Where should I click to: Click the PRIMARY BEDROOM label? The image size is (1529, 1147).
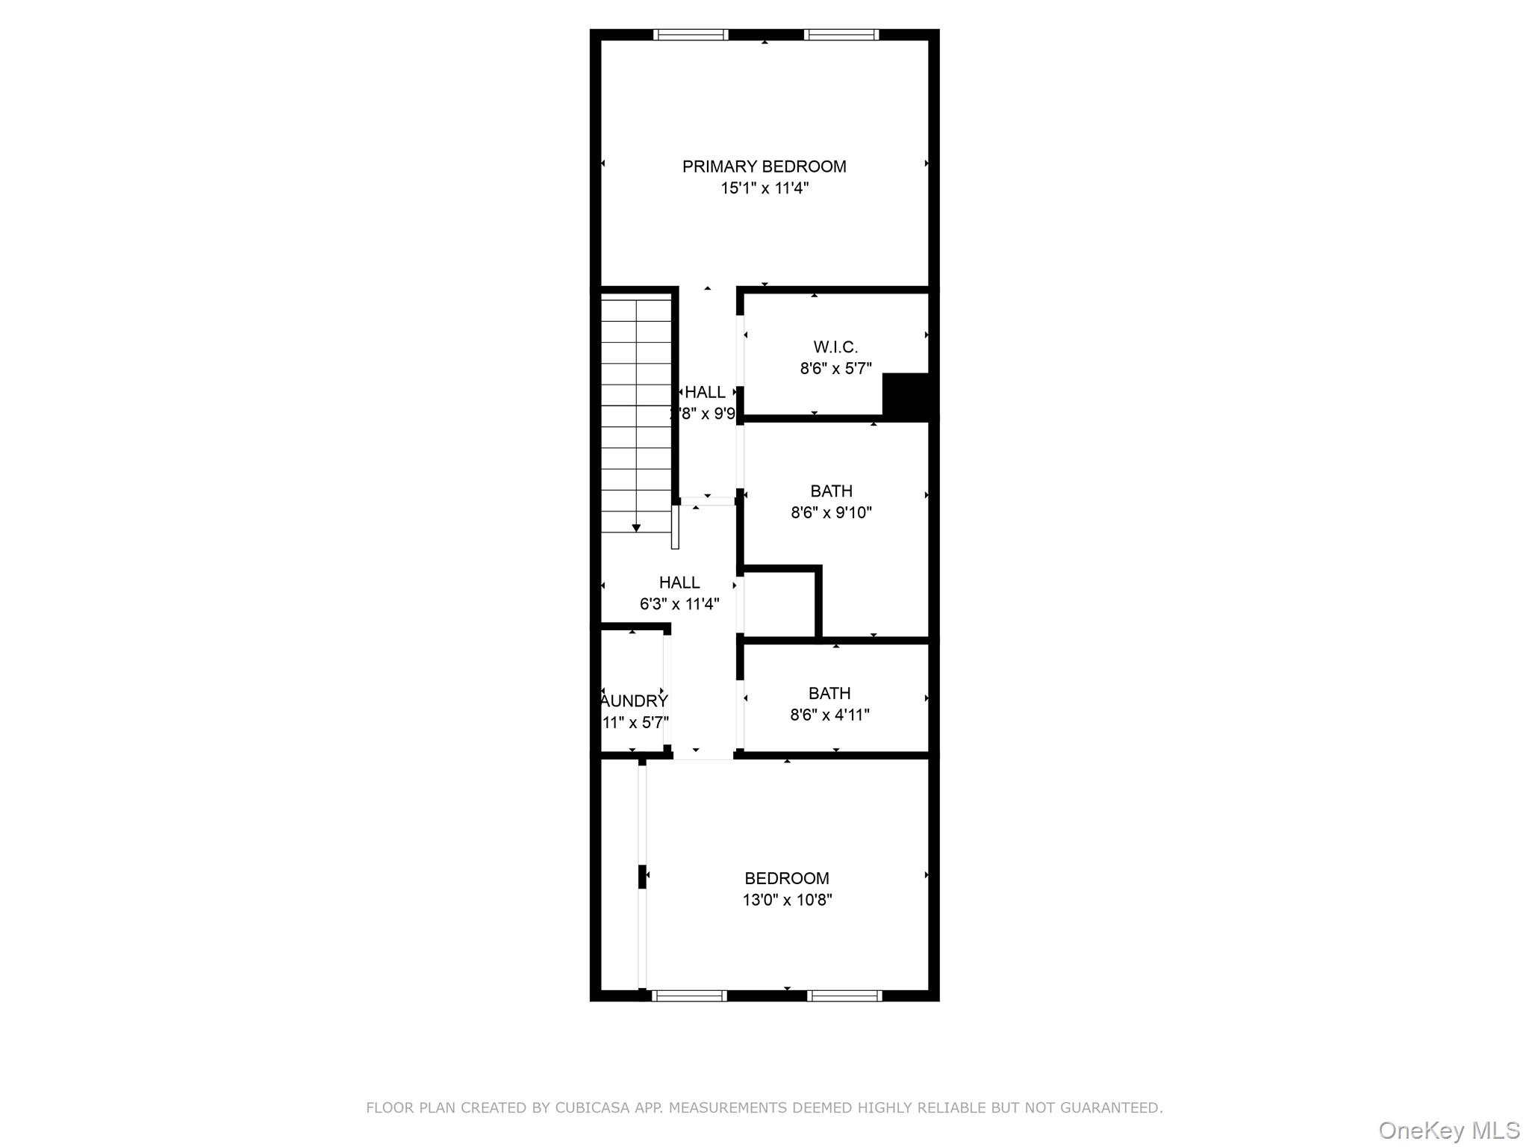tap(764, 167)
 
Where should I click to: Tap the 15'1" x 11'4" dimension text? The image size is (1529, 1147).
tap(764, 188)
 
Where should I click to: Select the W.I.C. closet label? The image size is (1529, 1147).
tap(835, 347)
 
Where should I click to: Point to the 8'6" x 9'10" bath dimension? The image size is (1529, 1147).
tap(831, 513)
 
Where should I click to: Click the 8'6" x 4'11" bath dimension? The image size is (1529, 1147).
tap(829, 715)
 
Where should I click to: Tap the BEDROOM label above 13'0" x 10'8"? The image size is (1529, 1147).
tap(786, 879)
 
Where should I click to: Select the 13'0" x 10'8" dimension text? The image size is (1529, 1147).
tap(786, 901)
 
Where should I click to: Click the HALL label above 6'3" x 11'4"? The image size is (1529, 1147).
tap(679, 582)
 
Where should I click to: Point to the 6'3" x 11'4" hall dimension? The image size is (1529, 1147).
tap(679, 604)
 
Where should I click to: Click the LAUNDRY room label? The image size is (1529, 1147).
tap(635, 701)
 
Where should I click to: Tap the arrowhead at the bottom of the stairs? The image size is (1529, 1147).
tap(636, 528)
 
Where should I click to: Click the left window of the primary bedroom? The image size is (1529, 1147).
tap(691, 34)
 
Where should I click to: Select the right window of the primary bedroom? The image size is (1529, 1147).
tap(841, 34)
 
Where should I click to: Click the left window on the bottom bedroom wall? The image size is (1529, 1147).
tap(689, 995)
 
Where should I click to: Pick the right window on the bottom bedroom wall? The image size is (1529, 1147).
tap(844, 995)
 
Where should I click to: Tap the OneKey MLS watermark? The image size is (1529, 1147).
tap(1448, 1131)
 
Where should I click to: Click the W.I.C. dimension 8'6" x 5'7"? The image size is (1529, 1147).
tap(835, 369)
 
